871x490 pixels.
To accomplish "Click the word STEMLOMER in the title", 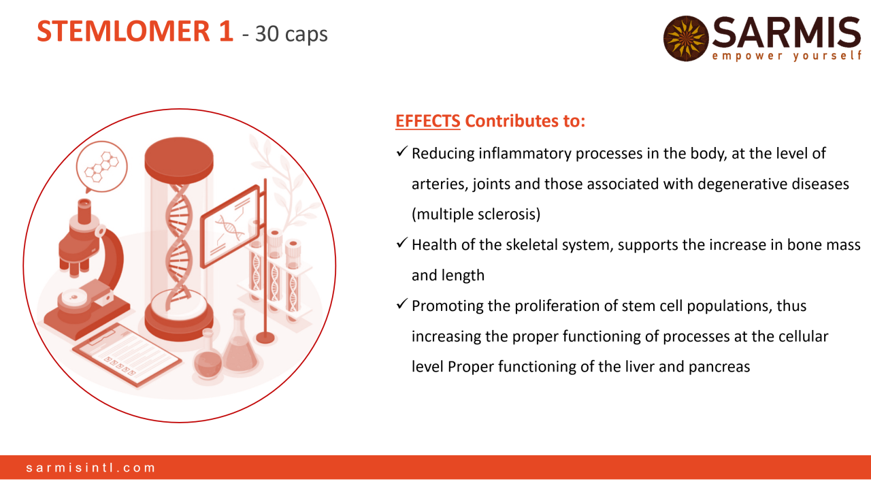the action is click(x=124, y=31).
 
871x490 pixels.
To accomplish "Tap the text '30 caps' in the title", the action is click(x=291, y=34).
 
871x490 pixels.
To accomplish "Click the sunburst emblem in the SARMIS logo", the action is click(x=686, y=39).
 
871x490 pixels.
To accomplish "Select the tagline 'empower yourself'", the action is click(x=786, y=56).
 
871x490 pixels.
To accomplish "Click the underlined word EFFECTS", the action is click(x=428, y=121).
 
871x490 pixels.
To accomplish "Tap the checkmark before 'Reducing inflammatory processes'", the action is click(x=401, y=152).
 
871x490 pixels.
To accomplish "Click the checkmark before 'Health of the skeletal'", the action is click(x=401, y=243).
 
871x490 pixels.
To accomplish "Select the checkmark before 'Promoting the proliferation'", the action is click(x=401, y=304).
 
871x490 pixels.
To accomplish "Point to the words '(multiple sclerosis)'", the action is click(x=476, y=214).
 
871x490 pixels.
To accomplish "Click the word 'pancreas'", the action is click(x=719, y=367).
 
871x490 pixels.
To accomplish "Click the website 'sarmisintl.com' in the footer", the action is click(x=91, y=468).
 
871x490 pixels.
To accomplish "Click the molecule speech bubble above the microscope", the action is click(x=102, y=167).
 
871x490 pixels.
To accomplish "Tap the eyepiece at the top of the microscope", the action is click(x=84, y=211).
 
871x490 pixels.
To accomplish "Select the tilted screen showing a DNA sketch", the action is click(x=230, y=227).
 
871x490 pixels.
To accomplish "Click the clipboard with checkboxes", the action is click(x=127, y=355).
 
